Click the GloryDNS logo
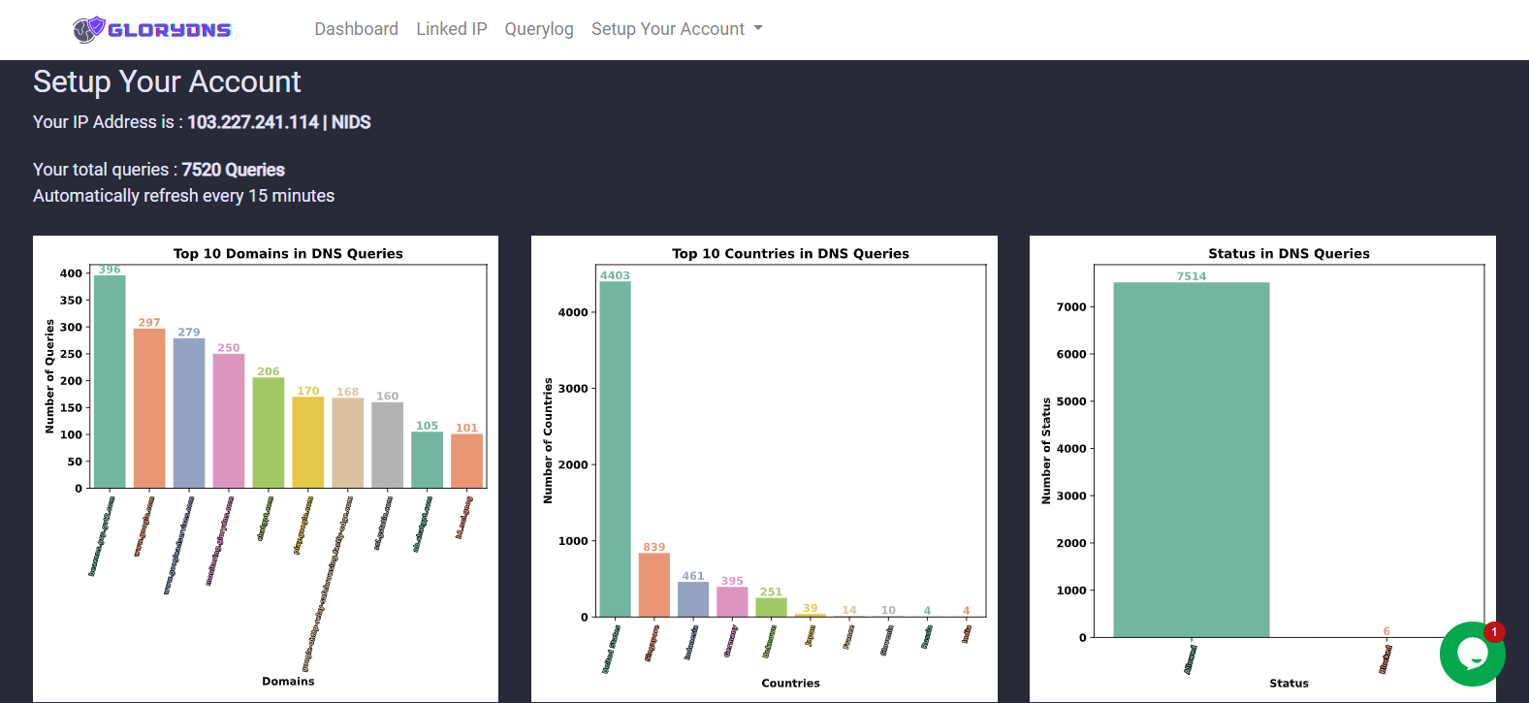pyautogui.click(x=152, y=29)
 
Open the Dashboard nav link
pyautogui.click(x=356, y=29)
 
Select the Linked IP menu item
pyautogui.click(x=452, y=29)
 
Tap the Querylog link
pyautogui.click(x=539, y=29)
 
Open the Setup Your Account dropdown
pyautogui.click(x=677, y=29)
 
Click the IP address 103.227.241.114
pyautogui.click(x=253, y=122)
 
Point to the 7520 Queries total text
pyautogui.click(x=233, y=170)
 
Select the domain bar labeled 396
pyautogui.click(x=110, y=382)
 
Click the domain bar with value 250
pyautogui.click(x=229, y=421)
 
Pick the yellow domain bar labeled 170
pyautogui.click(x=308, y=442)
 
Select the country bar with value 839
pyautogui.click(x=654, y=585)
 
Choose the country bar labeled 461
pyautogui.click(x=693, y=599)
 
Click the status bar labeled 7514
pyautogui.click(x=1192, y=460)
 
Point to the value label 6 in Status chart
pyautogui.click(x=1386, y=631)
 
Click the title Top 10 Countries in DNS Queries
pyautogui.click(x=790, y=254)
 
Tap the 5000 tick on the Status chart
pyautogui.click(x=1071, y=401)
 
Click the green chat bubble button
pyautogui.click(x=1472, y=655)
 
